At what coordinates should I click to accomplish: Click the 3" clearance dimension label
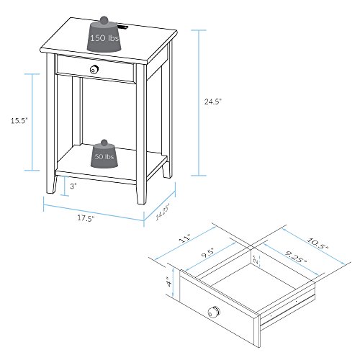pos(73,185)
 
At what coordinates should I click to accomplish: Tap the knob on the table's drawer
pos(94,69)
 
